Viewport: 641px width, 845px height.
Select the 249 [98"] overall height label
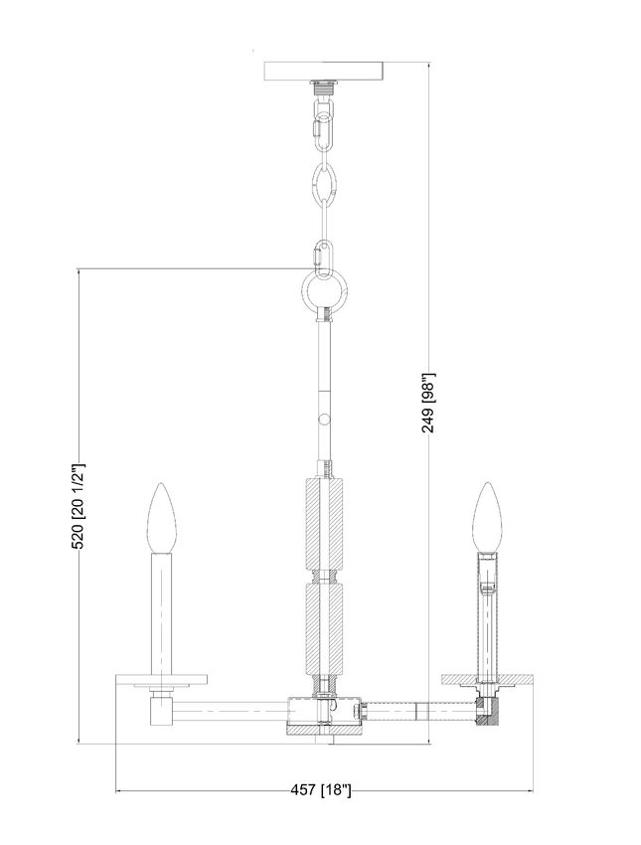(428, 403)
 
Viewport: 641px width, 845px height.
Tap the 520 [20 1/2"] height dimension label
(80, 505)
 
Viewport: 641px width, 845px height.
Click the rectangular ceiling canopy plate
(323, 71)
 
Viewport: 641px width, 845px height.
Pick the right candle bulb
(487, 517)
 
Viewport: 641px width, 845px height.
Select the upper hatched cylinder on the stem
(324, 523)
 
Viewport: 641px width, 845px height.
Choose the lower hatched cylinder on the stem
(324, 628)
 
